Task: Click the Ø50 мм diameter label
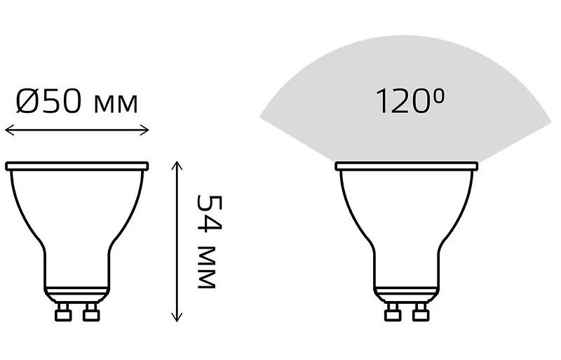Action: click(76, 102)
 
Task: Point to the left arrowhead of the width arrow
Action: click(8, 130)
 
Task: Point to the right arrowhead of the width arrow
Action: click(146, 130)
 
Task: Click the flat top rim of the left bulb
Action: click(77, 166)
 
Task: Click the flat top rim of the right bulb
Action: click(407, 166)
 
